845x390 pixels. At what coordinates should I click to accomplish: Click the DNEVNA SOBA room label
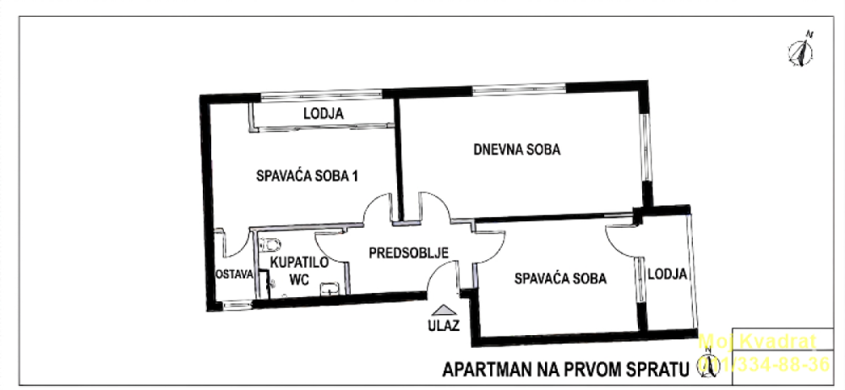point(517,150)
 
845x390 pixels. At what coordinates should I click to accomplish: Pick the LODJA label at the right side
point(667,274)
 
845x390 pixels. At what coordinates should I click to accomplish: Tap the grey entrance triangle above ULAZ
point(444,310)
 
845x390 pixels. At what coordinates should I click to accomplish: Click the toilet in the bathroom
point(270,246)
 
